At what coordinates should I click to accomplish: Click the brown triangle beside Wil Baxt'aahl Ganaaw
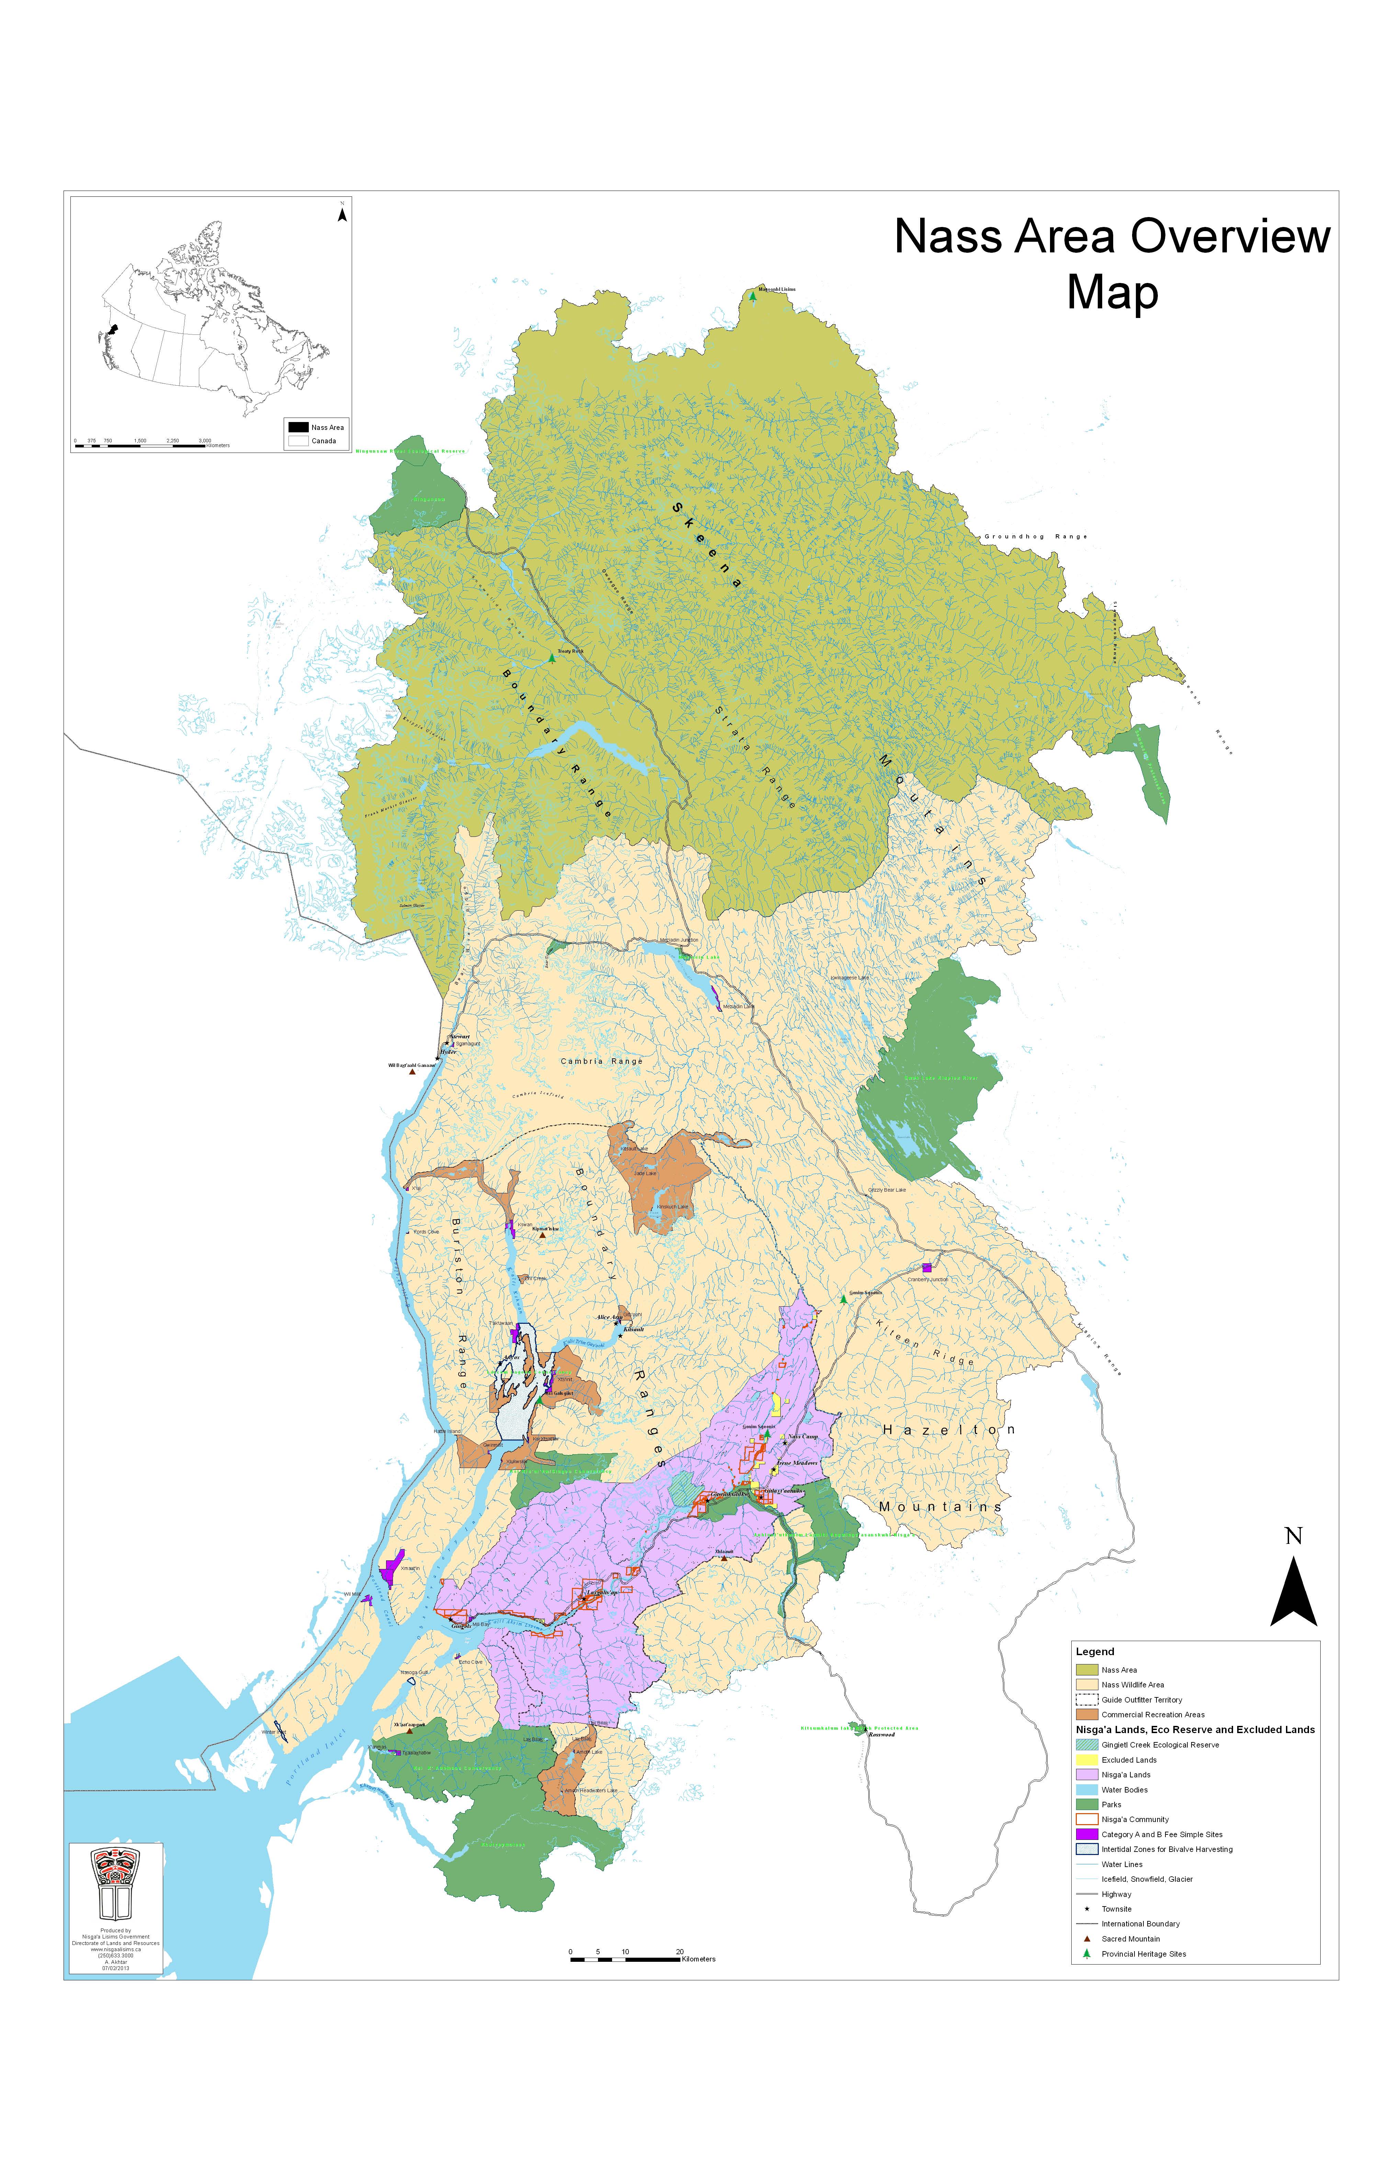pos(411,1072)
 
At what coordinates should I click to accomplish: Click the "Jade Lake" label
pos(645,1173)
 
